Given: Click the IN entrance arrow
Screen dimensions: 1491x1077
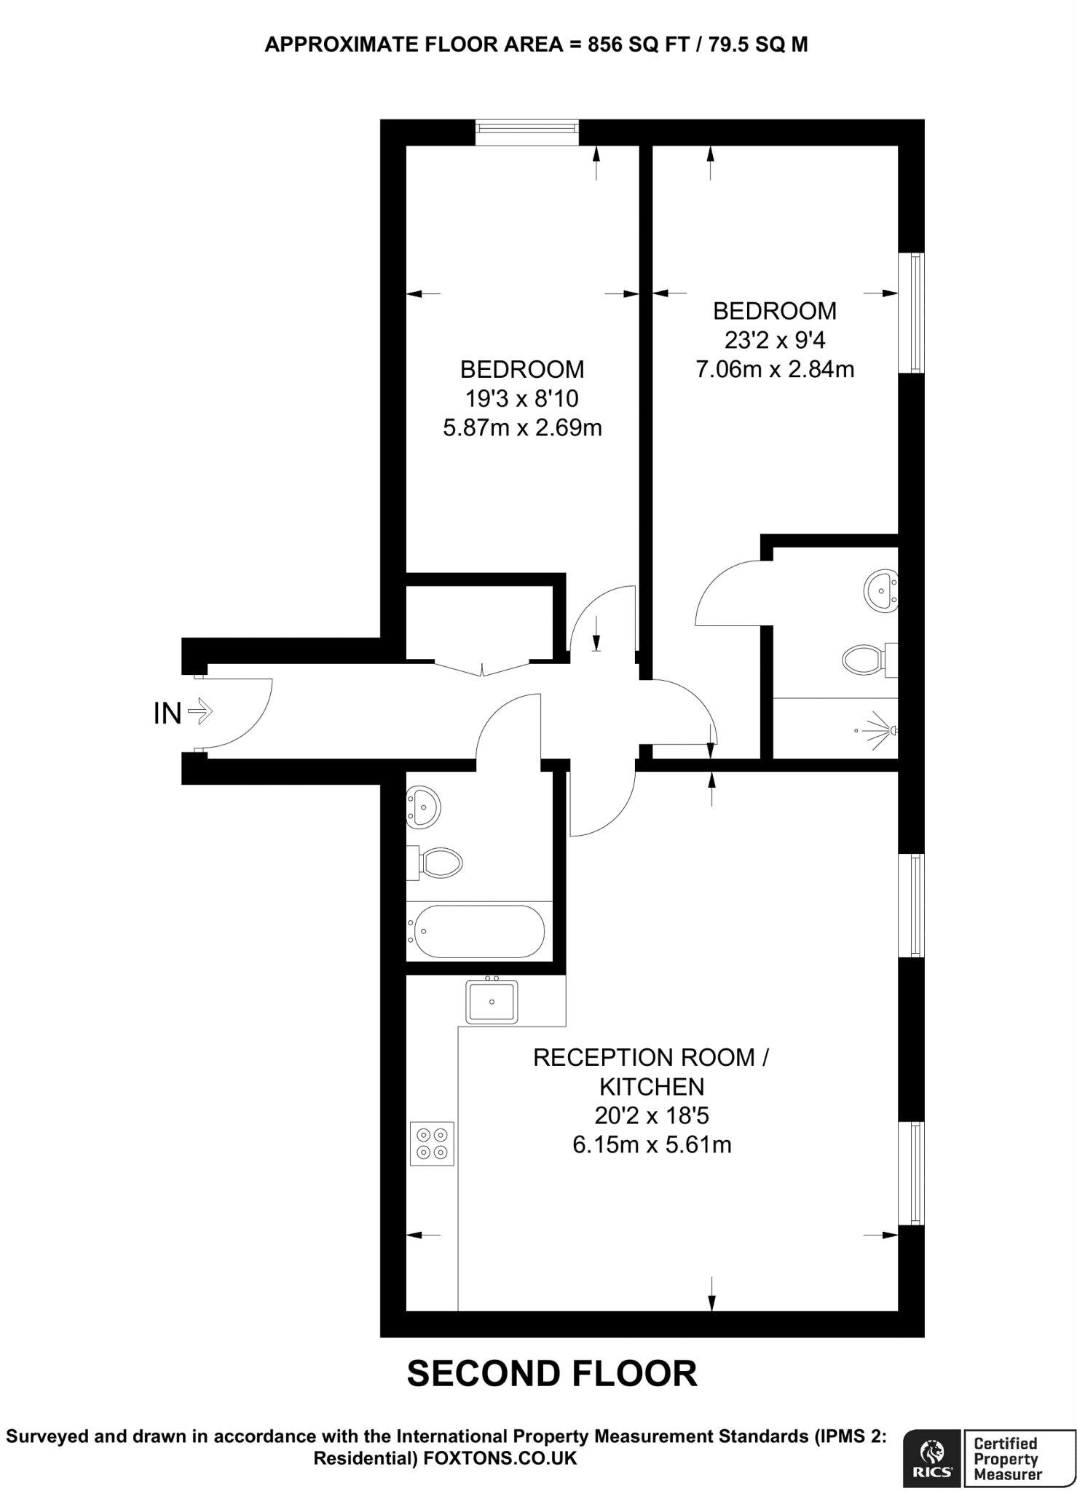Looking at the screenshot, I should pyautogui.click(x=200, y=711).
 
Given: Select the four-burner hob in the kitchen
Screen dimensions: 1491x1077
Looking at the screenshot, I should pyautogui.click(x=432, y=1144).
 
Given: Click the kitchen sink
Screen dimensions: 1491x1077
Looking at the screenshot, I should pyautogui.click(x=492, y=1002).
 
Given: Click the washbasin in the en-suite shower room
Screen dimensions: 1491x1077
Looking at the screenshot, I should pyautogui.click(x=881, y=589).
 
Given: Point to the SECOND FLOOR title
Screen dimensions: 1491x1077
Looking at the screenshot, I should pyautogui.click(x=552, y=1374).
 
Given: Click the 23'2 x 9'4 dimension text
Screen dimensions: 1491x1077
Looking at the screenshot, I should pyautogui.click(x=775, y=340).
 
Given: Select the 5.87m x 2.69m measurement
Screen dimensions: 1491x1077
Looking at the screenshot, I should pyautogui.click(x=522, y=427).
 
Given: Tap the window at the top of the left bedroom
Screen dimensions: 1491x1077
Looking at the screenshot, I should pyautogui.click(x=527, y=133).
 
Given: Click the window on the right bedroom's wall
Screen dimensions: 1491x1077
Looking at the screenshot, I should pyautogui.click(x=911, y=313).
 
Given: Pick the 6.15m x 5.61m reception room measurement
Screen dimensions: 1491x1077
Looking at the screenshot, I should pyautogui.click(x=652, y=1144).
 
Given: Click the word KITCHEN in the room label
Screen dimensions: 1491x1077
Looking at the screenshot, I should pyautogui.click(x=652, y=1086).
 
